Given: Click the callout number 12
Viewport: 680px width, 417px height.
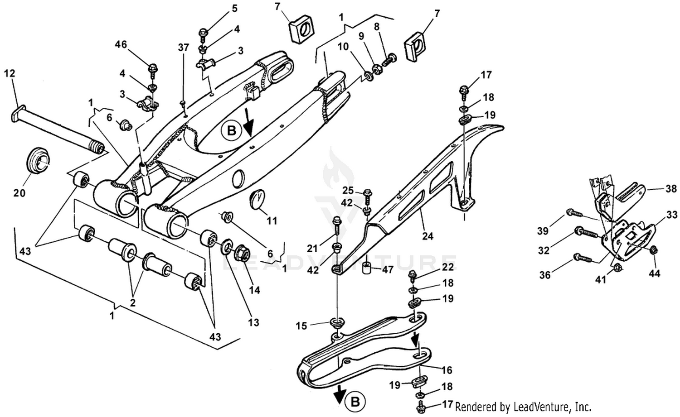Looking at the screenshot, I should (x=10, y=73).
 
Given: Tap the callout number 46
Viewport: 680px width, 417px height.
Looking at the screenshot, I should (x=121, y=45).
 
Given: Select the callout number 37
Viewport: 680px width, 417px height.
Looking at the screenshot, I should (x=183, y=48).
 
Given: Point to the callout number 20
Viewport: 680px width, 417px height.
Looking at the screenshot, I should (x=19, y=193).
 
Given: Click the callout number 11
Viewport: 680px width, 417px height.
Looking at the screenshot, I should (x=272, y=221).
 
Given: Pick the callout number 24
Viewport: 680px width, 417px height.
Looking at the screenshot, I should (x=427, y=235).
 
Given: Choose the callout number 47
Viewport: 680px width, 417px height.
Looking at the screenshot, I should (x=388, y=270).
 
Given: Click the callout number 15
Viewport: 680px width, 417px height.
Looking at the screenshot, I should (x=301, y=326).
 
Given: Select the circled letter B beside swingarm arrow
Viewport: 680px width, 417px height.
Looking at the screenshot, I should (x=232, y=130).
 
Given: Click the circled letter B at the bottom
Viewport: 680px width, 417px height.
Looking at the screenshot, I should (x=355, y=401).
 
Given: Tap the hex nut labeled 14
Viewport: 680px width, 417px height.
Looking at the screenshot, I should (x=243, y=254).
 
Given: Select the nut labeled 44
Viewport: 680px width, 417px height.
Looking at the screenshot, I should (x=653, y=250).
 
